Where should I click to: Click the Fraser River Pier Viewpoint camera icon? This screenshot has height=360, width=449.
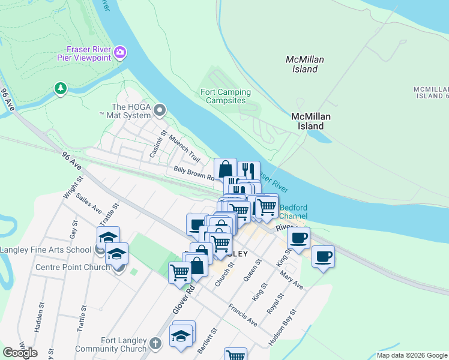click(x=120, y=53)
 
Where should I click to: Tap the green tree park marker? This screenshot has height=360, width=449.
click(x=60, y=89)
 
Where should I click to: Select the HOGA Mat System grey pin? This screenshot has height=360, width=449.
click(x=160, y=110)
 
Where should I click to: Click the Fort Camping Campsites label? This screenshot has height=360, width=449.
click(x=225, y=96)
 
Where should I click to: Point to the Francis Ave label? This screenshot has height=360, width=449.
click(x=243, y=315)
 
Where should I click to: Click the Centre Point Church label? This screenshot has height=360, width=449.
click(x=73, y=267)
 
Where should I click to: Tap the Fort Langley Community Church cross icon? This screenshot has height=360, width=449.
click(x=155, y=343)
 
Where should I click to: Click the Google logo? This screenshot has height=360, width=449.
click(x=20, y=353)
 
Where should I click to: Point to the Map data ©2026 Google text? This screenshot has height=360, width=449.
click(x=412, y=355)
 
